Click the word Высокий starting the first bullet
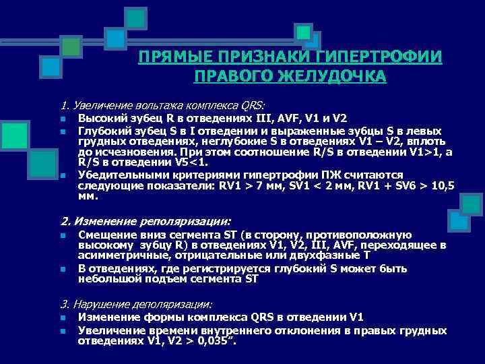click(100, 119)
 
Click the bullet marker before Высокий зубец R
click(63, 120)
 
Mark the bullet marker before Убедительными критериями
click(63, 174)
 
